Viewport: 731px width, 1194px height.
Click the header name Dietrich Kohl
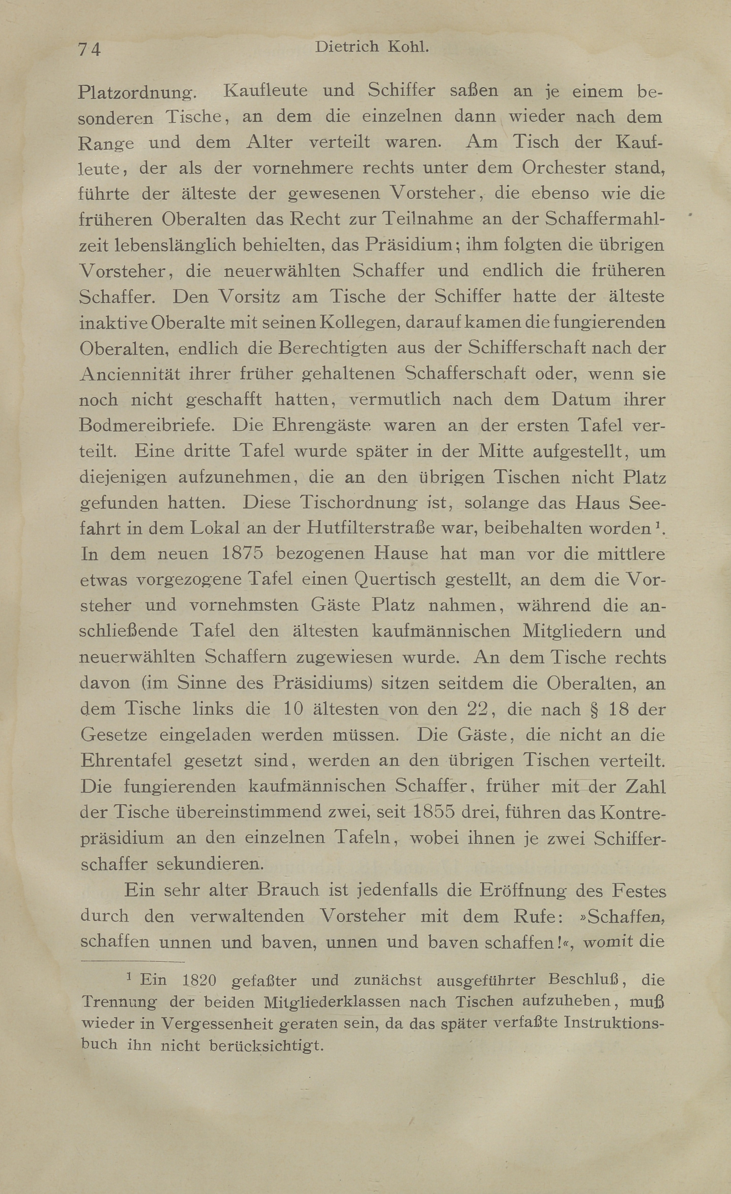coord(372,47)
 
